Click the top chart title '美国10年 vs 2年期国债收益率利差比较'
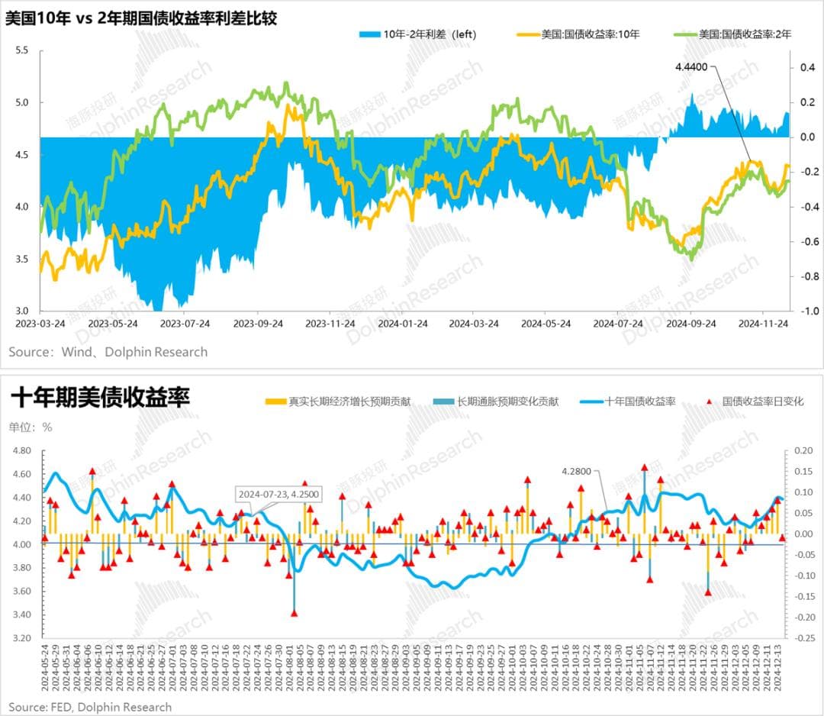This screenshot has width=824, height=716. (141, 18)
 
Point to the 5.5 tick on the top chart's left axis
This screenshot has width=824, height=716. (21, 50)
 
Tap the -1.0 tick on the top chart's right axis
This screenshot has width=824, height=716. (807, 311)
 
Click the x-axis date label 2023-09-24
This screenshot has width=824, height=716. (258, 323)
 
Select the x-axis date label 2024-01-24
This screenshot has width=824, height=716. (401, 323)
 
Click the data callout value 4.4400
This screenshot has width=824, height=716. (691, 67)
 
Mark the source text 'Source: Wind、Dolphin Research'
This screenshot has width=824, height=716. (108, 352)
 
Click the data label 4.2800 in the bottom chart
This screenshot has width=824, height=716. (576, 472)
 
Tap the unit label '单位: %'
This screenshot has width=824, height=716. (31, 427)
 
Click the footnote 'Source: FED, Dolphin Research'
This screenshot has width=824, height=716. (90, 707)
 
